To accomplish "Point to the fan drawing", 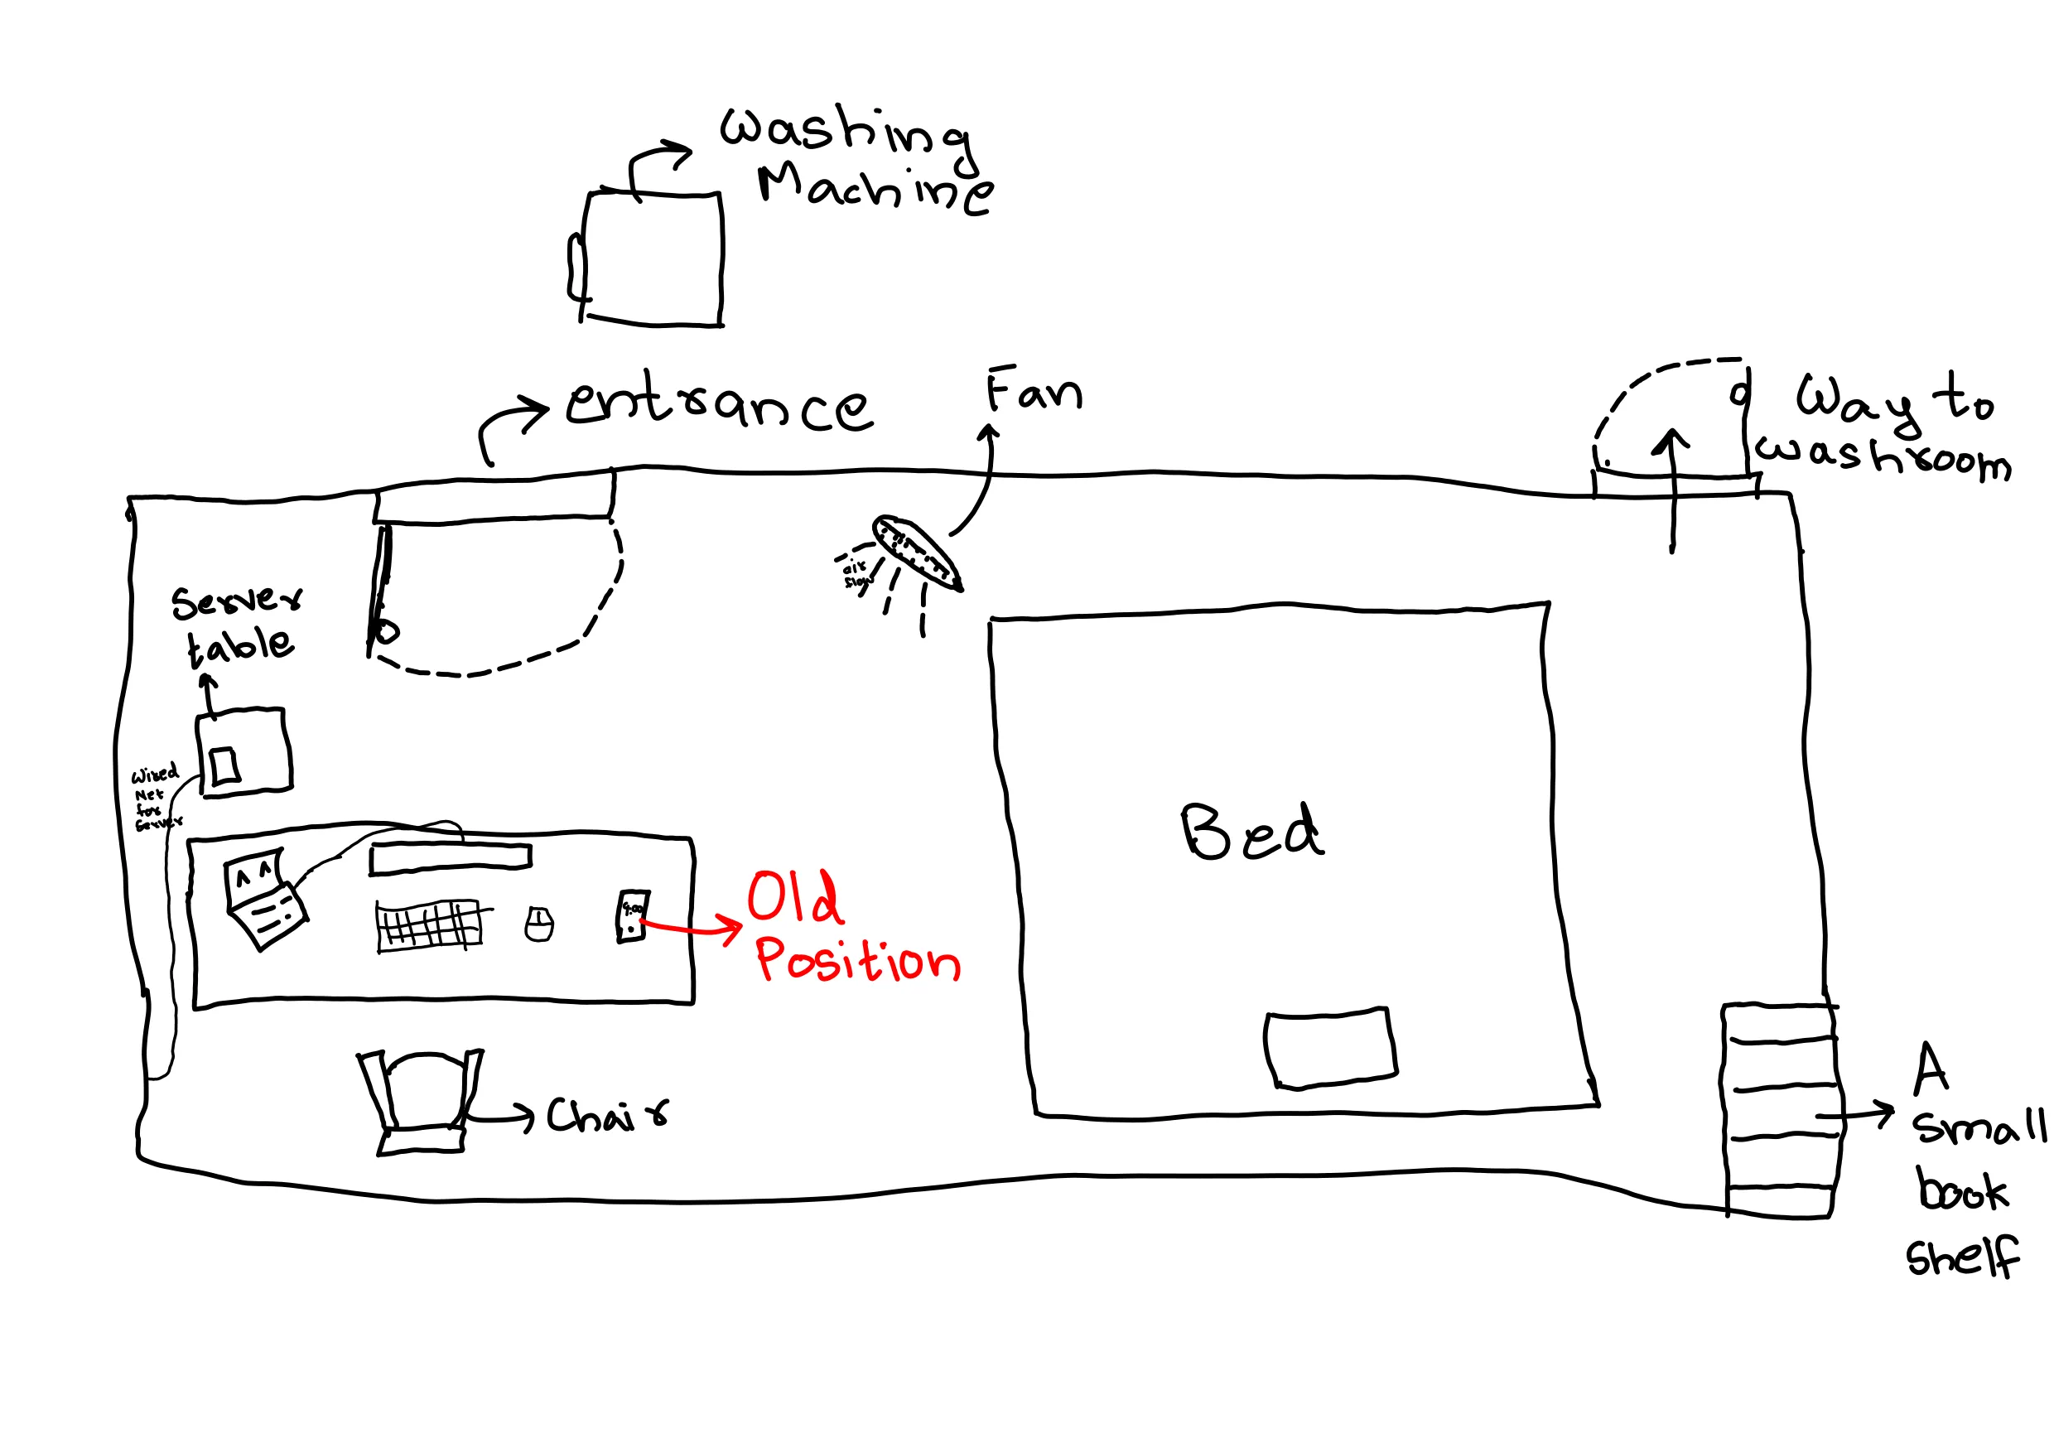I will (x=917, y=553).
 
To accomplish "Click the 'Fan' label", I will (x=1034, y=390).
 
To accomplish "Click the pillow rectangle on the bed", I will (x=1330, y=1048).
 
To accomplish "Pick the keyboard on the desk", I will (x=429, y=924).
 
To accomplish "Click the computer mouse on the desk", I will (x=538, y=924).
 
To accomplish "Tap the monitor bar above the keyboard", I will (x=451, y=857).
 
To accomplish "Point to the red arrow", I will (x=693, y=928).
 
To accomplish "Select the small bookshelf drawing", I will (x=1780, y=1111).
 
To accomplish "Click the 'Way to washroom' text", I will (x=1888, y=427).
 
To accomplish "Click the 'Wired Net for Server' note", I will (x=156, y=798).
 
